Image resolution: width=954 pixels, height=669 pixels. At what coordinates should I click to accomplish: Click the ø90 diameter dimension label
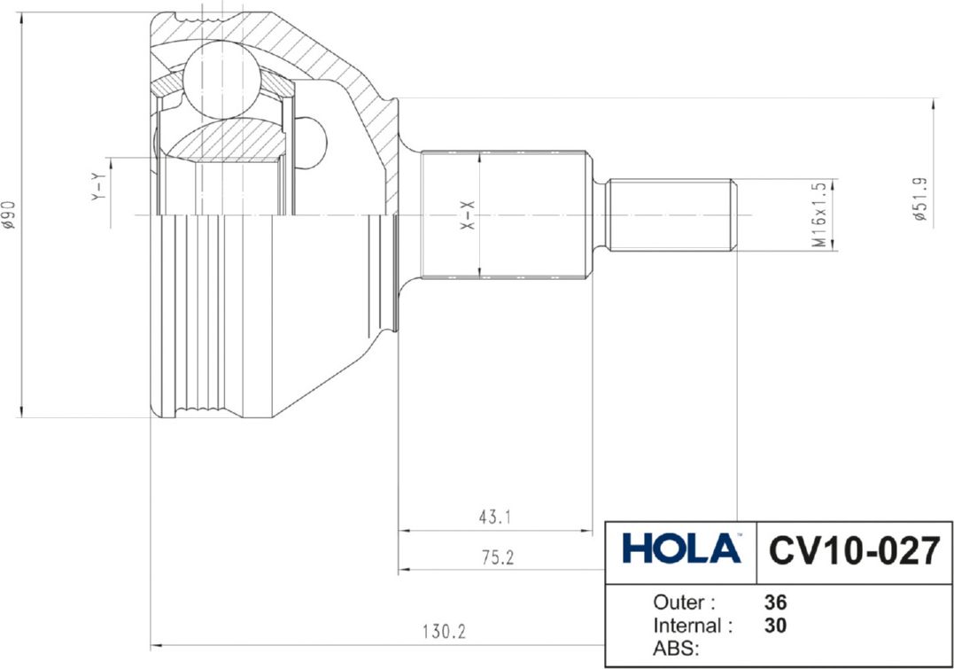[9, 214]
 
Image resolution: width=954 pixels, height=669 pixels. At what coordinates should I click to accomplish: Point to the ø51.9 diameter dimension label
[920, 200]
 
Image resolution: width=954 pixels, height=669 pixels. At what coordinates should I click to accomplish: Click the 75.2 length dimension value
[496, 557]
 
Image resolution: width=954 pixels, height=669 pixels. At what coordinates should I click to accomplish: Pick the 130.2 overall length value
[443, 633]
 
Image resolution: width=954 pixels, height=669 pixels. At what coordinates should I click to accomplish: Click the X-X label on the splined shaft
[468, 215]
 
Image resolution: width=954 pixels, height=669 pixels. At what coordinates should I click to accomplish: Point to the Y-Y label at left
[98, 186]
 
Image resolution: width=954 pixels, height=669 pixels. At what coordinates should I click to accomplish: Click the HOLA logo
[681, 548]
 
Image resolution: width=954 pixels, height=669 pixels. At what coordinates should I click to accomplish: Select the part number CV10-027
[853, 550]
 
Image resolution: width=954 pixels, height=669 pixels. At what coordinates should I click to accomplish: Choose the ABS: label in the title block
[677, 649]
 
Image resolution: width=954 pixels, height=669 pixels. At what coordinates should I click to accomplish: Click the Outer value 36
[775, 603]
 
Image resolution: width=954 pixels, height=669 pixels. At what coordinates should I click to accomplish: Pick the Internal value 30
[775, 626]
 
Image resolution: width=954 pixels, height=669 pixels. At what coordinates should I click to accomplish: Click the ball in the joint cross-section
[221, 80]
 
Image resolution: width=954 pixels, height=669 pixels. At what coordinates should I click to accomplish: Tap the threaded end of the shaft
[671, 214]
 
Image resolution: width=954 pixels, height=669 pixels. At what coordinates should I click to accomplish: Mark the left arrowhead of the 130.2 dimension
[157, 644]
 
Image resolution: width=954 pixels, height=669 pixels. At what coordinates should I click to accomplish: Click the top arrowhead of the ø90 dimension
[21, 19]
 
